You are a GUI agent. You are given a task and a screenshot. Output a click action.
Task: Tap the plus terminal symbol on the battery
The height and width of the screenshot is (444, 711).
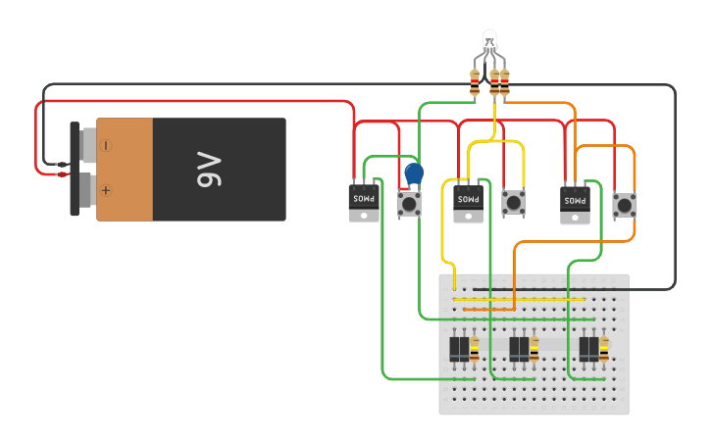click(x=105, y=190)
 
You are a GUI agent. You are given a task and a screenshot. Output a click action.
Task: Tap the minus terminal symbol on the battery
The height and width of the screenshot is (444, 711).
click(x=105, y=145)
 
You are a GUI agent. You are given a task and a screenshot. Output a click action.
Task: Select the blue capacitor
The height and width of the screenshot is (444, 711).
click(x=414, y=173)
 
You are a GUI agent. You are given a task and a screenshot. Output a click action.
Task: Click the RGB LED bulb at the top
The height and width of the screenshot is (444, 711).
click(x=490, y=41)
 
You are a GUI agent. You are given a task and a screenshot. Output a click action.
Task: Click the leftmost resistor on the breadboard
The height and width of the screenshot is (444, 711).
click(x=476, y=348)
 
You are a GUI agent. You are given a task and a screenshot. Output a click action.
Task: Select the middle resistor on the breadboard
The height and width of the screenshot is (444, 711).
click(x=534, y=348)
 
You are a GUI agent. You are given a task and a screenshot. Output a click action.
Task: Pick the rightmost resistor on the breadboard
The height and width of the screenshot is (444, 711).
click(x=604, y=348)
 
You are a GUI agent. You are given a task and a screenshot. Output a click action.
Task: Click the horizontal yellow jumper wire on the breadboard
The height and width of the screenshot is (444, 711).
click(x=520, y=299)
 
